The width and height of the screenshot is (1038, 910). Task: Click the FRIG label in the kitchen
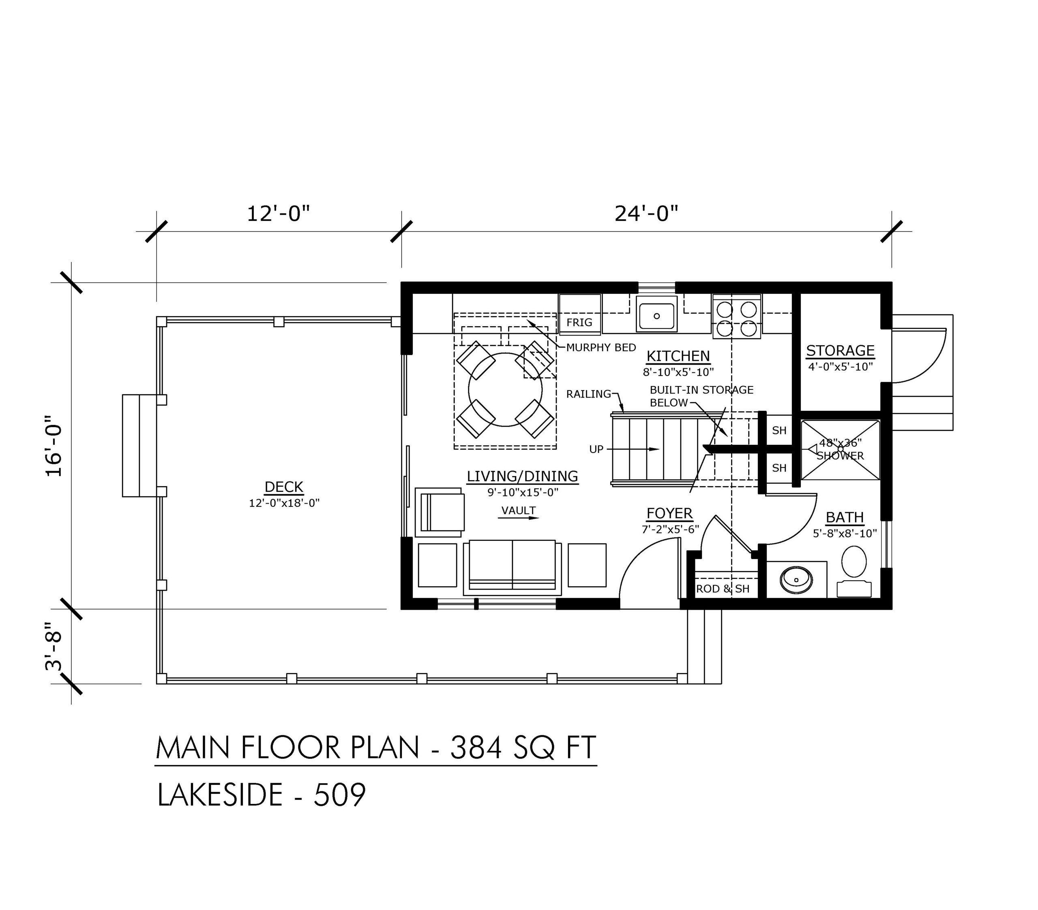point(579,322)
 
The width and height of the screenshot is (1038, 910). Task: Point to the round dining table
point(505,389)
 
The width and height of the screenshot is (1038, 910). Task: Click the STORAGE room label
point(841,351)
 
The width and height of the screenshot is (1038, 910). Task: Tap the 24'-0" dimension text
point(646,214)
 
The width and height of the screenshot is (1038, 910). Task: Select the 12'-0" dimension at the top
point(278,214)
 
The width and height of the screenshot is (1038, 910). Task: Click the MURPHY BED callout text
point(601,348)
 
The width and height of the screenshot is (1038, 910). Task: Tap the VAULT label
point(519,511)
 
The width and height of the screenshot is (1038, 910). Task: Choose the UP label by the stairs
point(596,449)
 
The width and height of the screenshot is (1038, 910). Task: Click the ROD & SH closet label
point(723,589)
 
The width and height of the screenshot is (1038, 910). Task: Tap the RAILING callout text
point(589,394)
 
